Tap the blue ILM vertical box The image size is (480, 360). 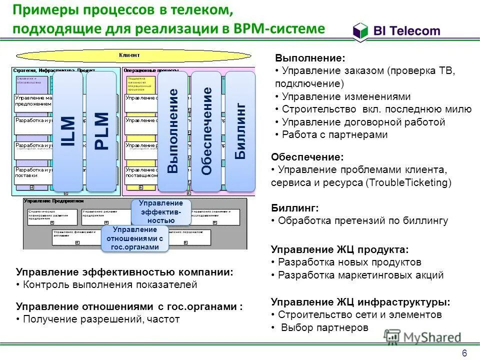(x=68, y=131)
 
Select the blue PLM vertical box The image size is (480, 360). (x=101, y=131)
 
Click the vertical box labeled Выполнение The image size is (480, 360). (x=173, y=131)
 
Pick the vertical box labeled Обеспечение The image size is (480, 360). (x=206, y=131)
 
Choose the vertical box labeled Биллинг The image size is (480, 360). (x=240, y=131)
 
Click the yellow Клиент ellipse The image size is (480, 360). (x=129, y=54)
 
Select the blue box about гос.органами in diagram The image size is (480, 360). (x=135, y=238)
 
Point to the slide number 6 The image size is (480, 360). (x=464, y=353)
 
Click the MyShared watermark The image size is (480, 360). (x=422, y=337)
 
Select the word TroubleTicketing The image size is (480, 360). (x=408, y=182)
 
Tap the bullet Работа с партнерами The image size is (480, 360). (x=334, y=134)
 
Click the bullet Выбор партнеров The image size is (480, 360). (x=324, y=327)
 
